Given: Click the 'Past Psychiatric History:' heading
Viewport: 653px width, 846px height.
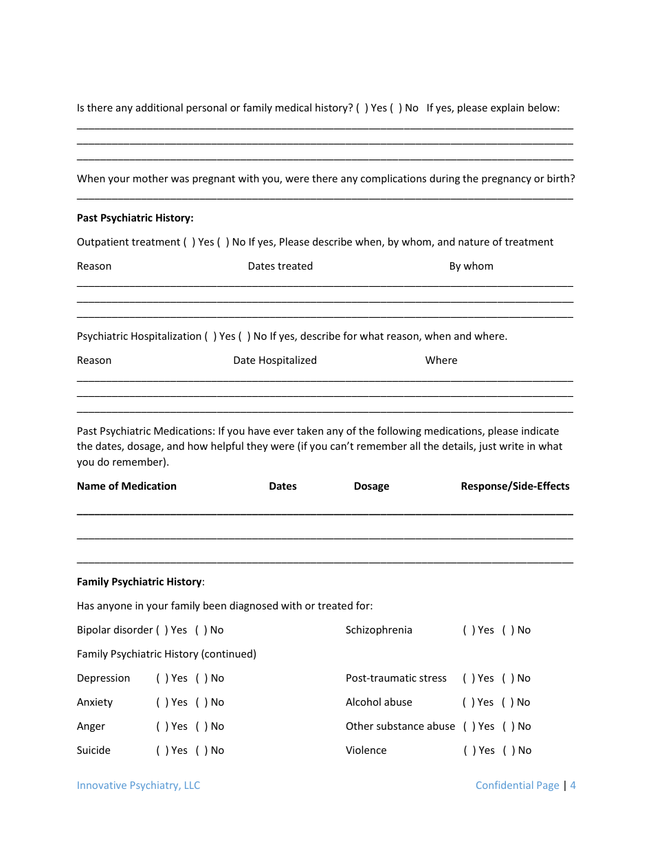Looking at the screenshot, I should pyautogui.click(x=135, y=218).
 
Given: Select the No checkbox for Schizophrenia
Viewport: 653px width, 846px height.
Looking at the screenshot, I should pyautogui.click(x=507, y=630).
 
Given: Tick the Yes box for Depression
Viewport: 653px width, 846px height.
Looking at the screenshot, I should pyautogui.click(x=162, y=678).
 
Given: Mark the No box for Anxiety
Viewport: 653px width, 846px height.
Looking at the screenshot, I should pyautogui.click(x=201, y=702).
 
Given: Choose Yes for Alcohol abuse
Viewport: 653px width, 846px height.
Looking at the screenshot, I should pyautogui.click(x=468, y=702).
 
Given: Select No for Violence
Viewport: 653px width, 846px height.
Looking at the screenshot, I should pyautogui.click(x=508, y=750).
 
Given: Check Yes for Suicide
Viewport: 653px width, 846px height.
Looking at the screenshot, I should pyautogui.click(x=162, y=750).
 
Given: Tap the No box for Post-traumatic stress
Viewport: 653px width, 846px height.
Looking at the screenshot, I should pyautogui.click(x=507, y=678).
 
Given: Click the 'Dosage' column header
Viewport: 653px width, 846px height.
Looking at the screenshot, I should pyautogui.click(x=371, y=486).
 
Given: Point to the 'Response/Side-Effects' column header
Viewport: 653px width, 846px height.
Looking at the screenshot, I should pyautogui.click(x=515, y=486).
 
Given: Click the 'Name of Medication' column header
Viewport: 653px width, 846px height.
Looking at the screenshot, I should pyautogui.click(x=126, y=486).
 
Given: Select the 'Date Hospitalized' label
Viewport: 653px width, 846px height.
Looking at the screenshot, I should pyautogui.click(x=275, y=360).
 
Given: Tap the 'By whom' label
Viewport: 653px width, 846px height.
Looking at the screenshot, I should pyautogui.click(x=471, y=266).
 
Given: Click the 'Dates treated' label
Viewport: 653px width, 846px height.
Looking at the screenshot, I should pyautogui.click(x=280, y=266).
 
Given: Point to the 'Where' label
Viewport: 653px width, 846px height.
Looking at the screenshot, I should pyautogui.click(x=441, y=360).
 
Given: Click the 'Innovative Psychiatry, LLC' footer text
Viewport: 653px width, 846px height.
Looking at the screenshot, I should pyautogui.click(x=138, y=785).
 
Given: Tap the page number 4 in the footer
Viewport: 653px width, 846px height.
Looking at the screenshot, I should pyautogui.click(x=573, y=785).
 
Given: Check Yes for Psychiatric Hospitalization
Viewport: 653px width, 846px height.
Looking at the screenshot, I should pyautogui.click(x=210, y=336).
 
